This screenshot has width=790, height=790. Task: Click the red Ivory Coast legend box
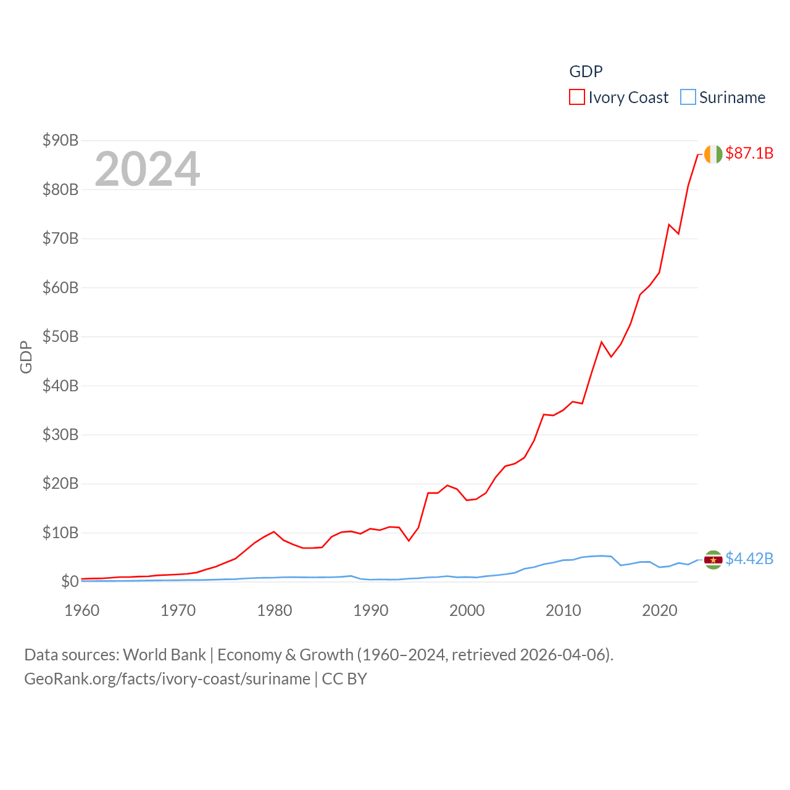pyautogui.click(x=576, y=98)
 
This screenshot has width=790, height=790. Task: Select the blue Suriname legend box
pyautogui.click(x=688, y=98)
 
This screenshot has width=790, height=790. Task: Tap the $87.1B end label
pyautogui.click(x=749, y=153)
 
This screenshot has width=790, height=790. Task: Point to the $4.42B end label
pyautogui.click(x=749, y=559)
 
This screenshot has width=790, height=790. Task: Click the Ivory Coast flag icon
pyautogui.click(x=713, y=154)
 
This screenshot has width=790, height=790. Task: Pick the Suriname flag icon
pyautogui.click(x=713, y=560)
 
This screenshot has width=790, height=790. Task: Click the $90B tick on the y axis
pyautogui.click(x=60, y=141)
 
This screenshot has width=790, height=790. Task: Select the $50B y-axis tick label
pyautogui.click(x=60, y=337)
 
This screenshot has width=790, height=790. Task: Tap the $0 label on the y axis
pyautogui.click(x=70, y=581)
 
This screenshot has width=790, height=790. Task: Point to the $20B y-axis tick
pyautogui.click(x=60, y=484)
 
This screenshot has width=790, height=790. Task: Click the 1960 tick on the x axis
pyautogui.click(x=82, y=611)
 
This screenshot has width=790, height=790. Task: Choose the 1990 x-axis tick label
pyautogui.click(x=371, y=611)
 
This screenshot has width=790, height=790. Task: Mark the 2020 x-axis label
pyautogui.click(x=660, y=611)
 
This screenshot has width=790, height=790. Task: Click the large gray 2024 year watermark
pyautogui.click(x=148, y=169)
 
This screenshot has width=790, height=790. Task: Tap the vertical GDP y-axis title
pyautogui.click(x=26, y=357)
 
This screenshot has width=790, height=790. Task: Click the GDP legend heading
pyautogui.click(x=586, y=72)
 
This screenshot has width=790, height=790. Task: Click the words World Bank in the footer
pyautogui.click(x=164, y=655)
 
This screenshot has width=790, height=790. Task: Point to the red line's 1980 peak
pyautogui.click(x=274, y=531)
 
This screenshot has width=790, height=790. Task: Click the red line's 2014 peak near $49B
pyautogui.click(x=601, y=342)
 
